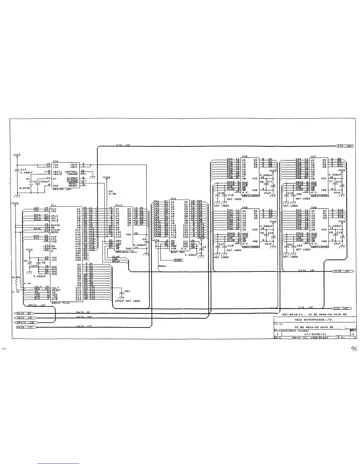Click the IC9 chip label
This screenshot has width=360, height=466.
point(55,161)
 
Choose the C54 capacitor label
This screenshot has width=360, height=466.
point(127,291)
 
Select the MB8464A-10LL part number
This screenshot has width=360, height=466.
point(126,252)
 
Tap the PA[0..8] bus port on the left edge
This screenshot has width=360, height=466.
point(25,313)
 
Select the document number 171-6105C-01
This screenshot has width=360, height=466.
point(315,334)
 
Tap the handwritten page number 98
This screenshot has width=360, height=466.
point(353,349)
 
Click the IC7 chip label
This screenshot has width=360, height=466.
point(314,157)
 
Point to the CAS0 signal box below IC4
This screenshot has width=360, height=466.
point(178,260)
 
